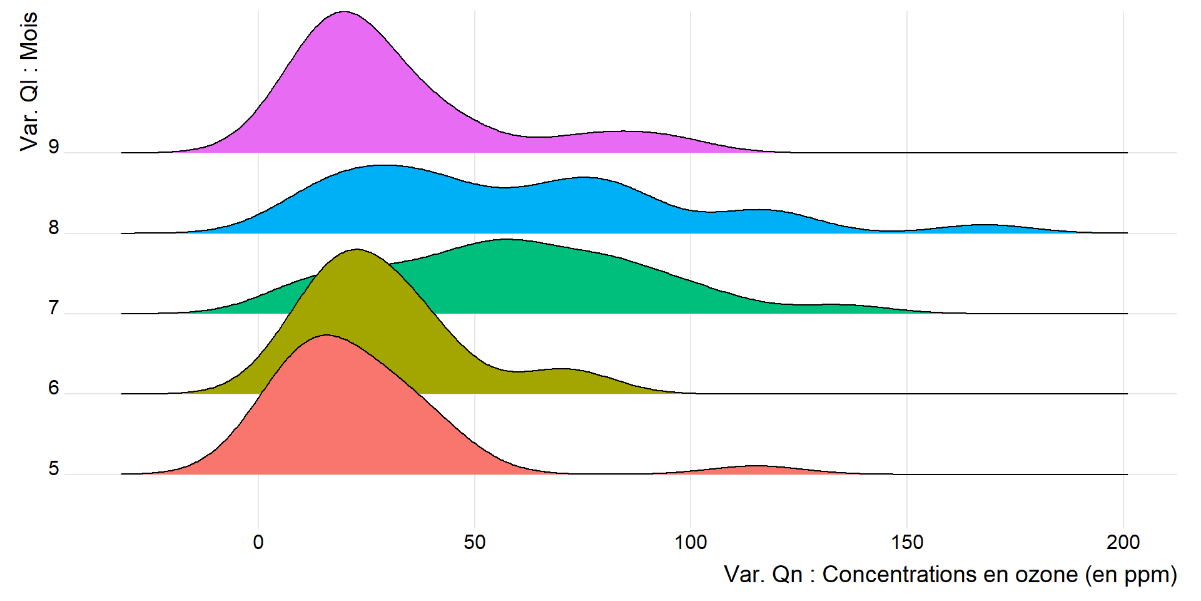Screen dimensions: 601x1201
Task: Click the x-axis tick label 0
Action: coord(258,542)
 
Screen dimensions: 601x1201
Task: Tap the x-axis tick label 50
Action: coord(475,542)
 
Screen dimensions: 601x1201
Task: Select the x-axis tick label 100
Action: coord(691,542)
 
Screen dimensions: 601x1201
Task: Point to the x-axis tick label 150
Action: coord(907,542)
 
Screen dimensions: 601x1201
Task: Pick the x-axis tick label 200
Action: coord(1123,542)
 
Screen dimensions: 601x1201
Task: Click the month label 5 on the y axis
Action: coord(54,468)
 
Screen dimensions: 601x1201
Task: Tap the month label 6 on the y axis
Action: coord(54,388)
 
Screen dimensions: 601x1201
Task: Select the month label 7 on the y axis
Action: coord(54,308)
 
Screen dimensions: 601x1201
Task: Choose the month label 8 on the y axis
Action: coord(54,228)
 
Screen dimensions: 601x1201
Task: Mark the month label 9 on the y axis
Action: coord(54,147)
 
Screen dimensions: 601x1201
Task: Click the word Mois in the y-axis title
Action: coord(29,36)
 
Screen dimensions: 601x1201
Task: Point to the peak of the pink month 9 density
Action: coord(344,13)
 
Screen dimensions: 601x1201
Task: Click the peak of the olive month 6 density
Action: coord(357,250)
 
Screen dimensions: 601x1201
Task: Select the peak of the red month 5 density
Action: coord(326,336)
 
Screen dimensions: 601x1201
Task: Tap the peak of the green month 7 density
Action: coord(505,240)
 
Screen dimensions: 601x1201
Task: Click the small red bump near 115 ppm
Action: coord(757,467)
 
